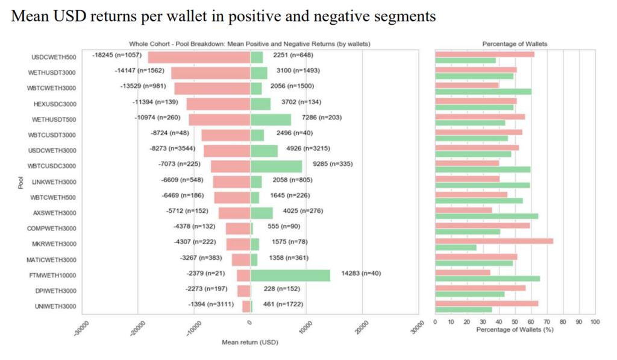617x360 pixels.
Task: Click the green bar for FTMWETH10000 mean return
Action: [290, 276]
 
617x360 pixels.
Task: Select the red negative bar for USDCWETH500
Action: [199, 57]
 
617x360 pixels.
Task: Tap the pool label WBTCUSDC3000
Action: [52, 166]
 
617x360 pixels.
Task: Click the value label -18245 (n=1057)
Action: [116, 55]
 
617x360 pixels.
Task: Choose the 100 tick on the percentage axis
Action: [595, 323]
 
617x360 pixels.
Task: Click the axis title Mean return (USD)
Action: [250, 342]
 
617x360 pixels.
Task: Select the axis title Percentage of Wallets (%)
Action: [514, 330]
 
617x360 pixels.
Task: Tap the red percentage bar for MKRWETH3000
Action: [494, 241]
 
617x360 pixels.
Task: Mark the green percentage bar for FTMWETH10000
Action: [487, 279]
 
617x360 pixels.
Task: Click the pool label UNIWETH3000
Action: [54, 306]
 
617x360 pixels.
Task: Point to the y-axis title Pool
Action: [19, 182]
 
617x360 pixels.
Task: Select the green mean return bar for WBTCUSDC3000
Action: [276, 166]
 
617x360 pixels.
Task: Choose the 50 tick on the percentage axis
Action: [515, 323]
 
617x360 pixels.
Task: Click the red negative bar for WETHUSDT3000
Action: [210, 73]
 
